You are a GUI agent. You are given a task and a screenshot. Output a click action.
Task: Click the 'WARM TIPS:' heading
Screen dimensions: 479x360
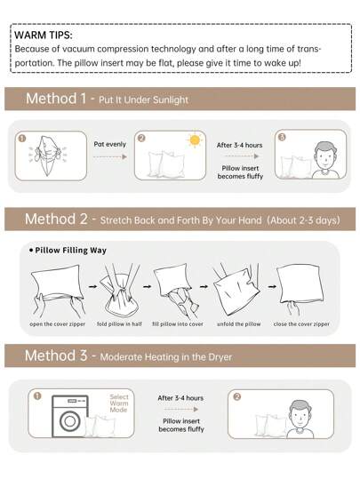(43, 35)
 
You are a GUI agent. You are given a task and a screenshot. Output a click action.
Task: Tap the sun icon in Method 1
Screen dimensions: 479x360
(195, 140)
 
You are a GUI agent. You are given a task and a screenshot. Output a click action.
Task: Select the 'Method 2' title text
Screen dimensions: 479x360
(56, 219)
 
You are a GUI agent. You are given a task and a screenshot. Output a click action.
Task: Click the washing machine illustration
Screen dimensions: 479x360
(70, 416)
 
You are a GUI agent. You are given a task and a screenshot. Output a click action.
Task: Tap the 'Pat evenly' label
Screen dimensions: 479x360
(111, 142)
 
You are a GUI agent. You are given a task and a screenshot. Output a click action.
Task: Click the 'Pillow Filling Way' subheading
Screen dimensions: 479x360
(70, 251)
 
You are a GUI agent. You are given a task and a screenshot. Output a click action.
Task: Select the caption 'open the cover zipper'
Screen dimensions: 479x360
(58, 323)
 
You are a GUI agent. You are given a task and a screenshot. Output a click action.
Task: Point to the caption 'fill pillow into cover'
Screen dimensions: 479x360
(178, 323)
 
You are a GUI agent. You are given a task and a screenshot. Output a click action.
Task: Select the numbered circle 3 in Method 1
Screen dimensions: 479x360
(282, 139)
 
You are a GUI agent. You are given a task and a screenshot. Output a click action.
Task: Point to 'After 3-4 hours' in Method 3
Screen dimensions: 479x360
(180, 398)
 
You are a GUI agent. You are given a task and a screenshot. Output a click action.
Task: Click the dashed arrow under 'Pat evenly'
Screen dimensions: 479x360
(111, 156)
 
